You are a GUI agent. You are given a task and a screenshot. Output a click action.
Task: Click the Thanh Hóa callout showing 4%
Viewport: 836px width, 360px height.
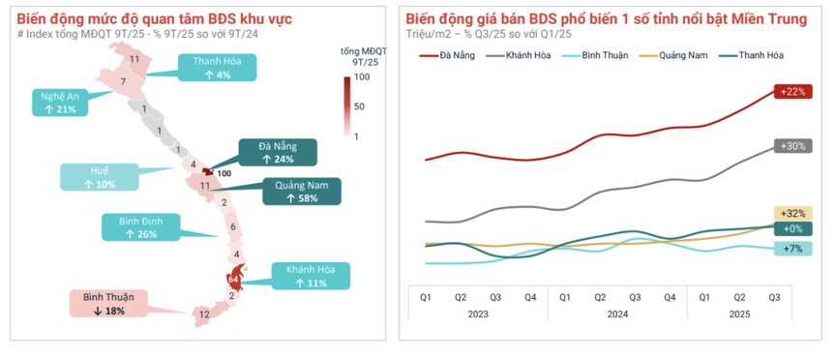[x=210, y=68]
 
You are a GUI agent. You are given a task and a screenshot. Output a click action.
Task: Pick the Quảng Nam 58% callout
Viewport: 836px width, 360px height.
[x=301, y=192]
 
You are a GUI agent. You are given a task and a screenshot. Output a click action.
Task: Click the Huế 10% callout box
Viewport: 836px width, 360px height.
[x=100, y=177]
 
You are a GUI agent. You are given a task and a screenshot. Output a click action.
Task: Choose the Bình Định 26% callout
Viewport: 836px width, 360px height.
[x=140, y=227]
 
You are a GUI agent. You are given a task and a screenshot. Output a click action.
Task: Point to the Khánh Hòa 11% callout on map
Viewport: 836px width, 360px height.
[x=303, y=276]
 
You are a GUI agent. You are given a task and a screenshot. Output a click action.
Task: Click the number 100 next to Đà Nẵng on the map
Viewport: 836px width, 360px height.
[x=224, y=174]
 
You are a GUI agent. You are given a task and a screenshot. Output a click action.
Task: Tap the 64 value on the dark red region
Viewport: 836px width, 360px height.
[x=233, y=280]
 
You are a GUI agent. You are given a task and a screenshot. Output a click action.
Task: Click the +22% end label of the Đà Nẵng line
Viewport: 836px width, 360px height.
[x=792, y=91]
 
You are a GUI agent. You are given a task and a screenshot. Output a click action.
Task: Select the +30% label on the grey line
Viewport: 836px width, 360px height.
[x=792, y=146]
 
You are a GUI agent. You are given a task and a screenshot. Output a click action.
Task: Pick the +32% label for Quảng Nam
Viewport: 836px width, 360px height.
[x=792, y=214]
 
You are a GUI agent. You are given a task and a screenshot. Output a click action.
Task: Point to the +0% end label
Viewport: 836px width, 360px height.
[x=792, y=229]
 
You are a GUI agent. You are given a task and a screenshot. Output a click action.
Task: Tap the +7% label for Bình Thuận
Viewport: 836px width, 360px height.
[x=792, y=250]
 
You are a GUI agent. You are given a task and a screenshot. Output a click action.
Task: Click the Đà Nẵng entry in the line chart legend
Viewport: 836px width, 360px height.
[x=444, y=55]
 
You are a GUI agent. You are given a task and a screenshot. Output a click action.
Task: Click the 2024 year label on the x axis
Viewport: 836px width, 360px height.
[x=616, y=314]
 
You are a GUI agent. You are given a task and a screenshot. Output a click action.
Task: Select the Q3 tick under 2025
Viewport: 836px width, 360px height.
[x=774, y=297]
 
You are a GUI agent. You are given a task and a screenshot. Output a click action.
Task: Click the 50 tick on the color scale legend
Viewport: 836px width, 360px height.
[x=359, y=106]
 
